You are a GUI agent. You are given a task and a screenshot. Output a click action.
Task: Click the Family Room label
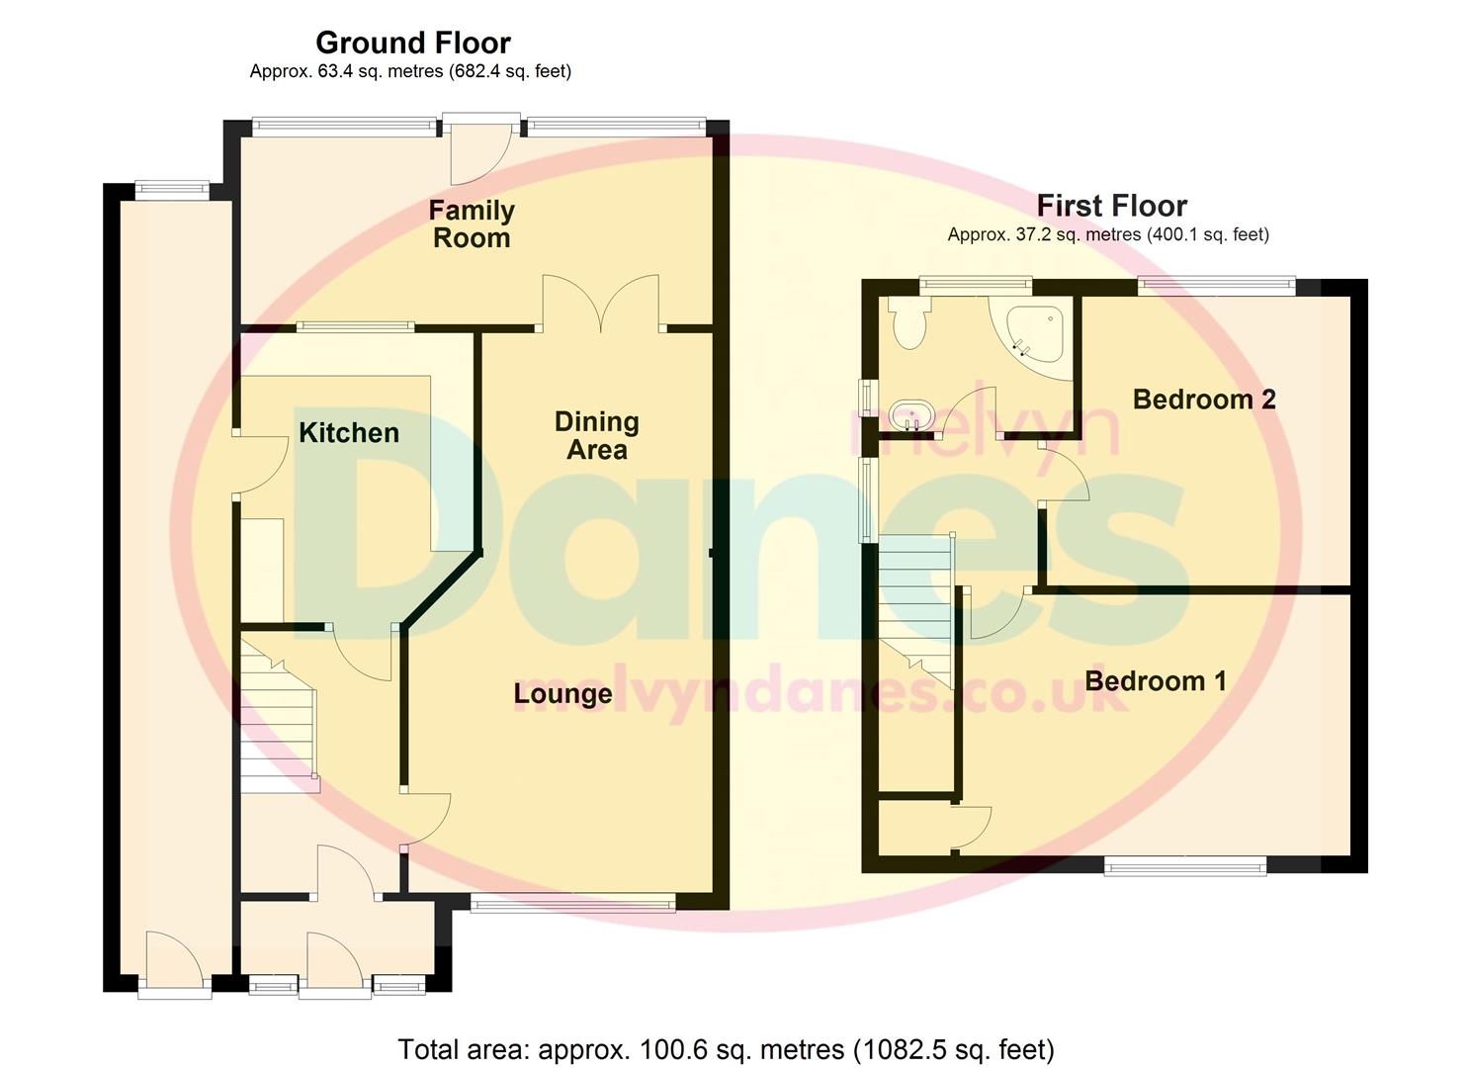[x=472, y=223]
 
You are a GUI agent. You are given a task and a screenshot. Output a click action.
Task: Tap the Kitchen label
[x=349, y=433]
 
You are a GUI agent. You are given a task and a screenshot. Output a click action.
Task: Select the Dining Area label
[x=596, y=436]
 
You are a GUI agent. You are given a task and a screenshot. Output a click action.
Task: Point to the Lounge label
[x=562, y=694]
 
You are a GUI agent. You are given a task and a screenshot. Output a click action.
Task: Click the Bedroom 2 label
[x=1203, y=400]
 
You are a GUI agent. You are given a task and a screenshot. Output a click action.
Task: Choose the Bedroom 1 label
[x=1156, y=681]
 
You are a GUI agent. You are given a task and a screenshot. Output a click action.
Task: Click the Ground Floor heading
[x=412, y=43]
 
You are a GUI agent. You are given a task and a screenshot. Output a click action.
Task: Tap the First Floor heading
[x=1111, y=206]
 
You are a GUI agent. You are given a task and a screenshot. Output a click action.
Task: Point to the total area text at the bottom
[x=726, y=1049]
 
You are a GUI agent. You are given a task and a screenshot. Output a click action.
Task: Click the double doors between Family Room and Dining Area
[x=600, y=304]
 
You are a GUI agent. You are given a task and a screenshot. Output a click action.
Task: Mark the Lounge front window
[x=572, y=902]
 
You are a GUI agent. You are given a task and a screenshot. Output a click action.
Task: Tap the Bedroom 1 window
[x=1184, y=867]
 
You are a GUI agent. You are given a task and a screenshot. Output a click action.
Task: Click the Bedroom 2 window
[x=1215, y=286]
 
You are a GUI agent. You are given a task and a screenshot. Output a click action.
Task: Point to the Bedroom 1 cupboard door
[x=973, y=829]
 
